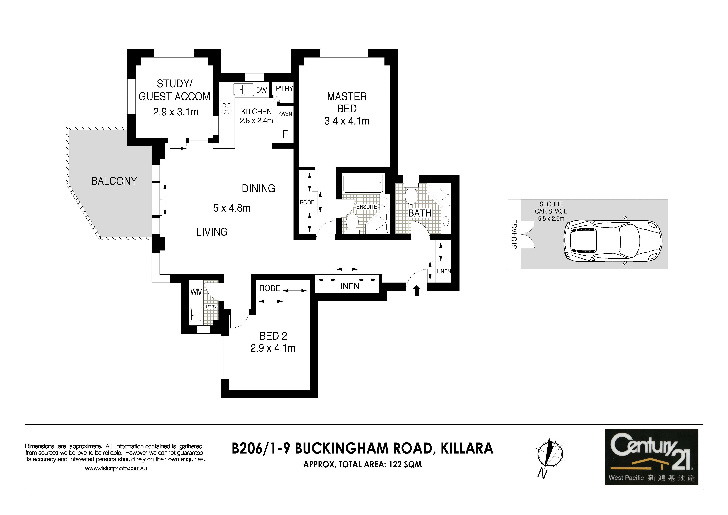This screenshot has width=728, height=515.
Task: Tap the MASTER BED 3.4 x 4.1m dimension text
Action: (347, 121)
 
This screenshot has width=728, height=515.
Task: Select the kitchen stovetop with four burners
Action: (226, 108)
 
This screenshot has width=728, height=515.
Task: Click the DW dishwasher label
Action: (262, 90)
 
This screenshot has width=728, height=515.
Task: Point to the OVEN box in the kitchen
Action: (285, 114)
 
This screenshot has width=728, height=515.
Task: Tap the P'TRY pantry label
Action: (284, 89)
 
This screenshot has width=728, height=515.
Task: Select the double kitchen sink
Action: (243, 90)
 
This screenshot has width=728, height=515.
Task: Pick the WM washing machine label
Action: (196, 292)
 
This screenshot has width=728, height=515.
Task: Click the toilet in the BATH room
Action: (412, 196)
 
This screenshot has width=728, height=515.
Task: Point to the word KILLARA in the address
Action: (467, 448)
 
